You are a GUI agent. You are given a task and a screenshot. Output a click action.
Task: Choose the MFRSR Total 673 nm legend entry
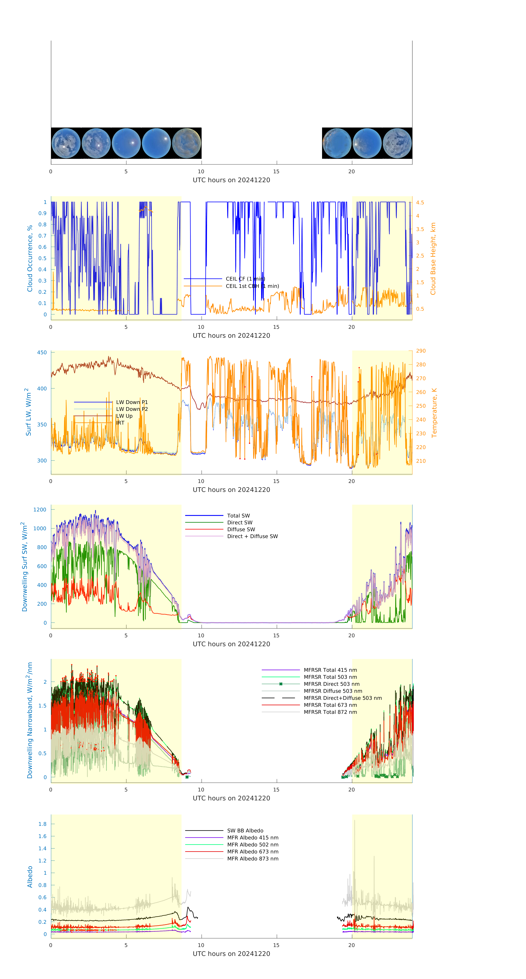tap(330, 705)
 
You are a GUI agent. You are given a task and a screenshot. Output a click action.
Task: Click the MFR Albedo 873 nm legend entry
tap(252, 858)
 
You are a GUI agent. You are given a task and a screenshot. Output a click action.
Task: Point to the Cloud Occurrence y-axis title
tap(30, 258)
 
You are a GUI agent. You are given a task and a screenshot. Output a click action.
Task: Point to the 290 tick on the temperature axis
tap(421, 351)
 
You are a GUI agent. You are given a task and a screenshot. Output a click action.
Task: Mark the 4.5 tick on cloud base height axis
tap(420, 203)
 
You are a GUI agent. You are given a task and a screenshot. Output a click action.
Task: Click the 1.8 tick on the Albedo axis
tap(42, 824)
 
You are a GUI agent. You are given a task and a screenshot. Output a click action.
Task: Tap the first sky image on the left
tap(66, 143)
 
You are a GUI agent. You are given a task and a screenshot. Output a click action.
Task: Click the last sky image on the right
tap(397, 143)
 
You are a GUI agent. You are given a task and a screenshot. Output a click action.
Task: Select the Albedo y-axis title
tap(30, 876)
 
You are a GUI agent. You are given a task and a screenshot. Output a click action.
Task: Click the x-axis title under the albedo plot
tap(231, 954)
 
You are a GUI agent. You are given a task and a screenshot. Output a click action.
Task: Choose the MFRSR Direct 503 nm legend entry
tap(331, 684)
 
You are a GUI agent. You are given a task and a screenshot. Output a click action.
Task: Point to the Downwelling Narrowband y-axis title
tap(30, 720)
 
